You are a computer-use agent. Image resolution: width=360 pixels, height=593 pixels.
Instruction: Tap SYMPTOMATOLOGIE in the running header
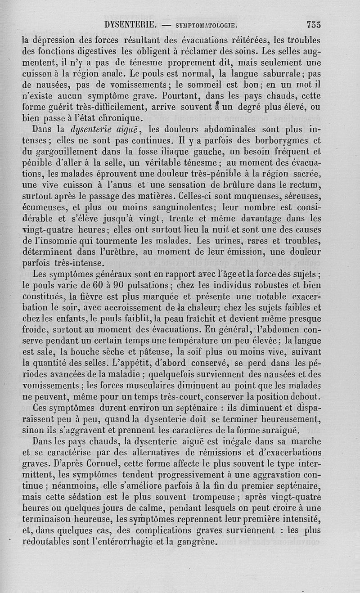pyautogui.click(x=206, y=25)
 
